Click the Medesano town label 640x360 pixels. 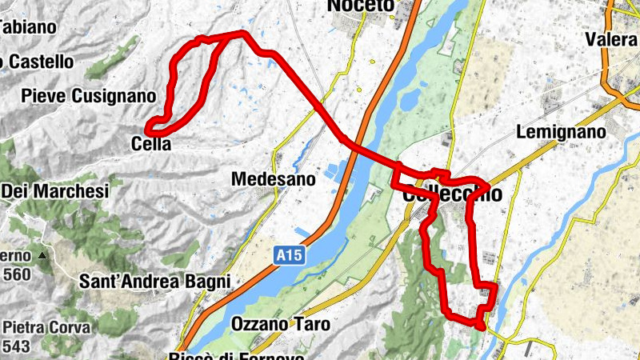click(x=273, y=180)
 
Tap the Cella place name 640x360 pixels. click(x=151, y=144)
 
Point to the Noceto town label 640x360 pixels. click(x=362, y=6)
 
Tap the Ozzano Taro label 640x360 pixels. click(x=275, y=324)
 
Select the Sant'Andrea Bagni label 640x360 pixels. click(x=155, y=282)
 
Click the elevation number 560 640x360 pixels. click(x=18, y=273)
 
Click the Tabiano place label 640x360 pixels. click(x=27, y=26)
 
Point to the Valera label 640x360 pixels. click(x=611, y=39)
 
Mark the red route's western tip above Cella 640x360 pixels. click(x=148, y=126)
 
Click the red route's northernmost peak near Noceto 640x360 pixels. click(x=240, y=33)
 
